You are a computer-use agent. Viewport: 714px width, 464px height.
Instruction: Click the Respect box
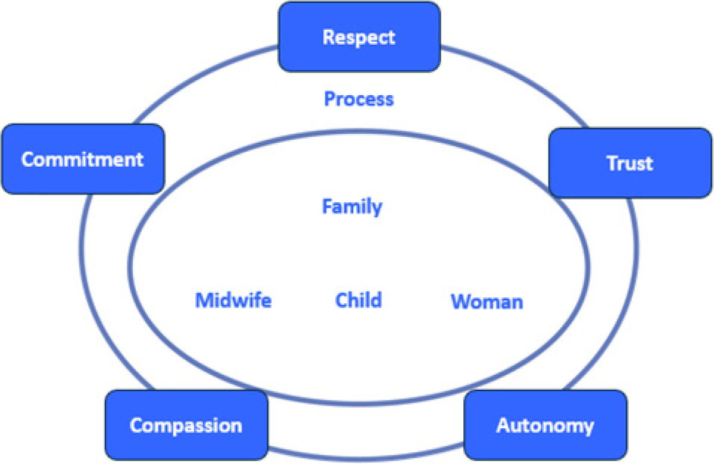[x=359, y=37]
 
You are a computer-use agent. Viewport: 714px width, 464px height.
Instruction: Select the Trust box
[x=631, y=162]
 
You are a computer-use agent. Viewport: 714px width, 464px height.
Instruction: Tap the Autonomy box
[x=545, y=426]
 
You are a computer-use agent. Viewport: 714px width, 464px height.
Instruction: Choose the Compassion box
[x=186, y=426]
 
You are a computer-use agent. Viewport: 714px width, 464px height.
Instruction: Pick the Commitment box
[x=82, y=159]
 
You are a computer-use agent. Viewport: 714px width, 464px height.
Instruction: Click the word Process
[x=358, y=99]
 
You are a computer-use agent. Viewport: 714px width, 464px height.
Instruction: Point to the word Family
[x=352, y=207]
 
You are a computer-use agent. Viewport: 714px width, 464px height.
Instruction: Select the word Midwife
[x=233, y=300]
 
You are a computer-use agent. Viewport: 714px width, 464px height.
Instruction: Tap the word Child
[x=358, y=300]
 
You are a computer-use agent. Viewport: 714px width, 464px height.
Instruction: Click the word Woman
[x=487, y=302]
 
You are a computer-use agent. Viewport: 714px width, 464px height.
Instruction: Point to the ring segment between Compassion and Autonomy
[x=366, y=455]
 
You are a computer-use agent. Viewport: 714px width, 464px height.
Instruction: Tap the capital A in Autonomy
[x=503, y=426]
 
